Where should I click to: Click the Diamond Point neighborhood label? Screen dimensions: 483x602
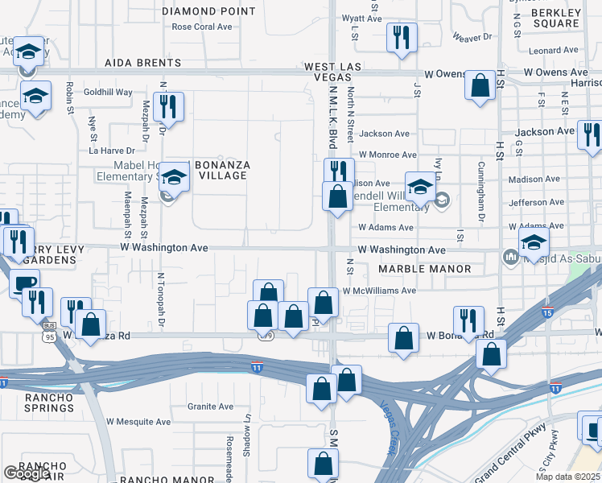coord(208,11)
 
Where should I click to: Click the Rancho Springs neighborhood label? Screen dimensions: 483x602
coord(38,402)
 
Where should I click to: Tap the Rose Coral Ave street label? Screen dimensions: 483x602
coord(202,27)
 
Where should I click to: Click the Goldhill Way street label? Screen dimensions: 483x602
coord(108,93)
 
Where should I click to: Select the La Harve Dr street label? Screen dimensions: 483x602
coord(111,150)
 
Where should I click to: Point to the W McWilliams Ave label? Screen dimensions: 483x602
coord(378,291)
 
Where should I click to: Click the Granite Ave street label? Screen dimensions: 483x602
coord(210,407)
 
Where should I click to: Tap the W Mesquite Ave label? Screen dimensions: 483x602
coord(137,421)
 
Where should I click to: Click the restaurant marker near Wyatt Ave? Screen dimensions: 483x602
coord(401,37)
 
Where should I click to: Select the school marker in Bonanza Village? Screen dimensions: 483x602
coord(173,176)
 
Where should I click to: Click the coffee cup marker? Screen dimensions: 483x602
coord(24,283)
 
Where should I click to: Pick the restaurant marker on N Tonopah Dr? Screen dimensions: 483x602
coord(168,106)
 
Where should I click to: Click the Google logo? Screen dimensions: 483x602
coord(27,473)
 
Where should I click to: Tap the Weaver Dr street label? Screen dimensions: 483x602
coord(472,37)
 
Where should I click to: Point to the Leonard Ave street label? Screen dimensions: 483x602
coord(554,50)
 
